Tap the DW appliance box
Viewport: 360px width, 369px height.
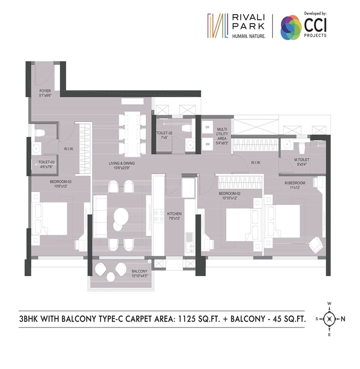pyautogui.click(x=208, y=127)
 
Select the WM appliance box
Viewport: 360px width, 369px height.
pyautogui.click(x=208, y=144)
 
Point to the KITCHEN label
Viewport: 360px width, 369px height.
pyautogui.click(x=174, y=214)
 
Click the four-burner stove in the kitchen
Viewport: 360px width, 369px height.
pyautogui.click(x=159, y=216)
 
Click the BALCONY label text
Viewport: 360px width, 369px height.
pyautogui.click(x=140, y=271)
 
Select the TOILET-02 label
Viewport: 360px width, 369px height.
pyautogui.click(x=164, y=133)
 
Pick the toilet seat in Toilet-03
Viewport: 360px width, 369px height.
pyautogui.click(x=39, y=132)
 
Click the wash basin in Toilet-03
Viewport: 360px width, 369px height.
pyautogui.click(x=36, y=148)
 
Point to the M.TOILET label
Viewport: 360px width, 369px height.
pyautogui.click(x=302, y=160)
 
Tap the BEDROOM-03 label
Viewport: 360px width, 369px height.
pyautogui.click(x=60, y=182)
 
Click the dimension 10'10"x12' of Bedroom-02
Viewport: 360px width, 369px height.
pyautogui.click(x=229, y=198)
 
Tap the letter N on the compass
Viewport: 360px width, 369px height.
pyautogui.click(x=343, y=319)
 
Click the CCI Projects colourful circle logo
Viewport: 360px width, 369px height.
pyautogui.click(x=291, y=27)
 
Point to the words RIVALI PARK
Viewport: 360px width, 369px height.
pyautogui.click(x=249, y=21)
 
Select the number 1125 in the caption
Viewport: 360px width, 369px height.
pyautogui.click(x=186, y=319)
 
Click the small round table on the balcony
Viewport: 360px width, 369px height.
pyautogui.click(x=110, y=277)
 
